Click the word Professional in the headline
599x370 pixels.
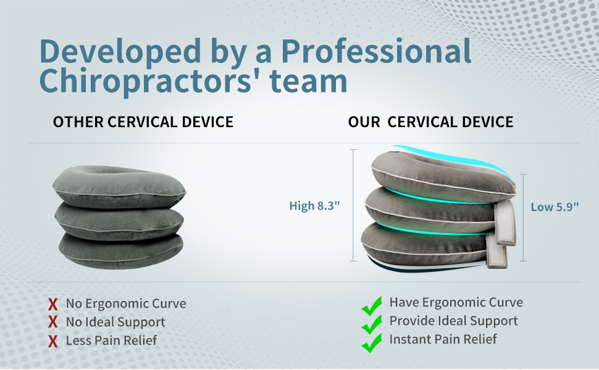[x=376, y=51]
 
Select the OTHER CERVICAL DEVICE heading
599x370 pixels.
[x=143, y=122]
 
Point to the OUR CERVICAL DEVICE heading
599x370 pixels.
[x=430, y=122]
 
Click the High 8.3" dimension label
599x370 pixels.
[x=314, y=205]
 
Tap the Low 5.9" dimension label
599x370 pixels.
[x=555, y=207]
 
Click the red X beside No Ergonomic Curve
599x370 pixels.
[x=53, y=304]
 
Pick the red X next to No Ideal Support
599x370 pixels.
[x=53, y=322]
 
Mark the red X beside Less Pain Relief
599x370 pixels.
[x=53, y=341]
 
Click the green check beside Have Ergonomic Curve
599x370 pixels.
[x=371, y=306]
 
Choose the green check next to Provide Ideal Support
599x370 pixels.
[x=371, y=324]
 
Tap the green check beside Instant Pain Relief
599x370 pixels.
[x=371, y=343]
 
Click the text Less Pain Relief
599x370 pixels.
[x=111, y=340]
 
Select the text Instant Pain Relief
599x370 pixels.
[x=443, y=339]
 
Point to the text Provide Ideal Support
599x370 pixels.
[x=453, y=321]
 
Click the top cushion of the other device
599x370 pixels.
[x=119, y=187]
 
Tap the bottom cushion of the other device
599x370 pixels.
[x=121, y=251]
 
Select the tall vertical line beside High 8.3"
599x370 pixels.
[x=353, y=205]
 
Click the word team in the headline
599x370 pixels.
[x=309, y=81]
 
